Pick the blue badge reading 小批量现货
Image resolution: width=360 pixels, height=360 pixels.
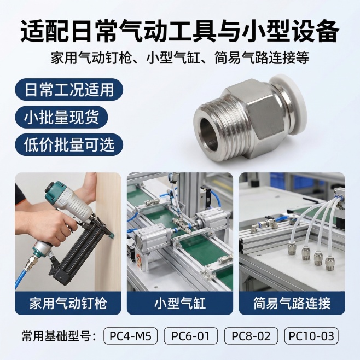pyautogui.click(x=61, y=117)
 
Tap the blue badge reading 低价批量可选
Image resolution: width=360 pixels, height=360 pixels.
pyautogui.click(x=68, y=144)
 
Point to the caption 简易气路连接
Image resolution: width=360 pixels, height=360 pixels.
pyautogui.click(x=292, y=302)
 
